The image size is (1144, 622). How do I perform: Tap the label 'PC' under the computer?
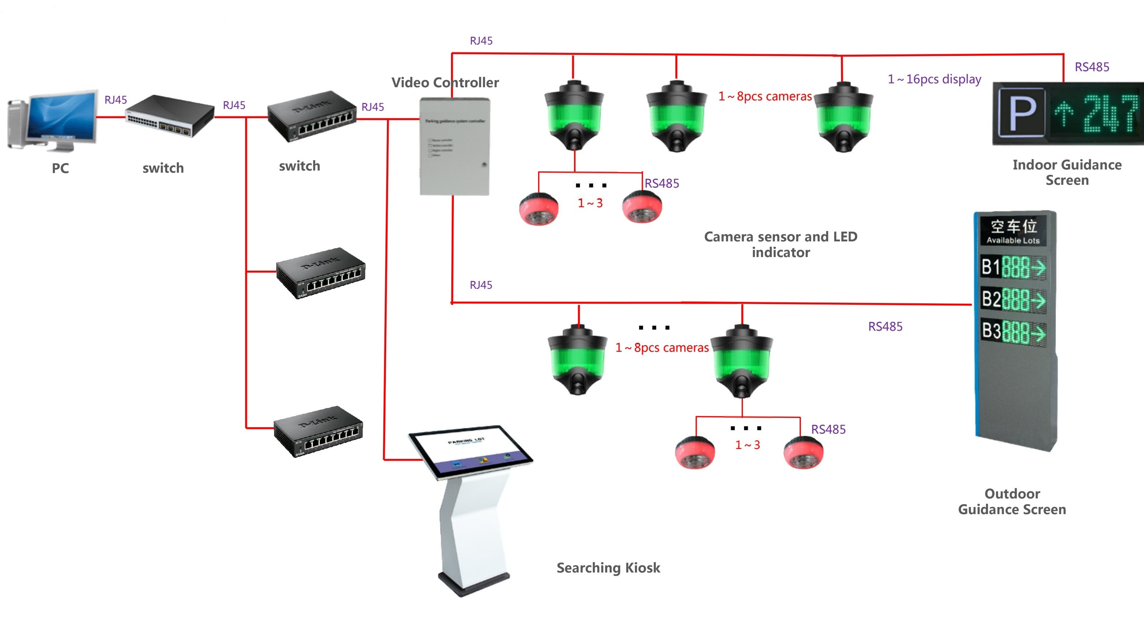click(61, 168)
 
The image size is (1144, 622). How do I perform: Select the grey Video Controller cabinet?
click(454, 147)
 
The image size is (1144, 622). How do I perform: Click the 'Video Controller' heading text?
click(445, 83)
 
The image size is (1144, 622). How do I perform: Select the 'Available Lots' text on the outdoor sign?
click(1013, 240)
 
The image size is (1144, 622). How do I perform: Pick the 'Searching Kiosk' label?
click(608, 568)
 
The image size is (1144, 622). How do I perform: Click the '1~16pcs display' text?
click(934, 79)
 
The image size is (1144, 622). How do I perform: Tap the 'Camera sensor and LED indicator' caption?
click(781, 244)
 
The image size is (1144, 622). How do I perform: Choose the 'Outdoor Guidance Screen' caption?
click(1012, 502)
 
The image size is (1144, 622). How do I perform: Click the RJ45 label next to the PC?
click(115, 100)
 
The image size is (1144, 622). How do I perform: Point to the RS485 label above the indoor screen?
click(1092, 67)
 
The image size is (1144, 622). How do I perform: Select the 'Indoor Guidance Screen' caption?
click(1067, 172)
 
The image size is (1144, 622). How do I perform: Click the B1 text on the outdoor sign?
click(990, 267)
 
